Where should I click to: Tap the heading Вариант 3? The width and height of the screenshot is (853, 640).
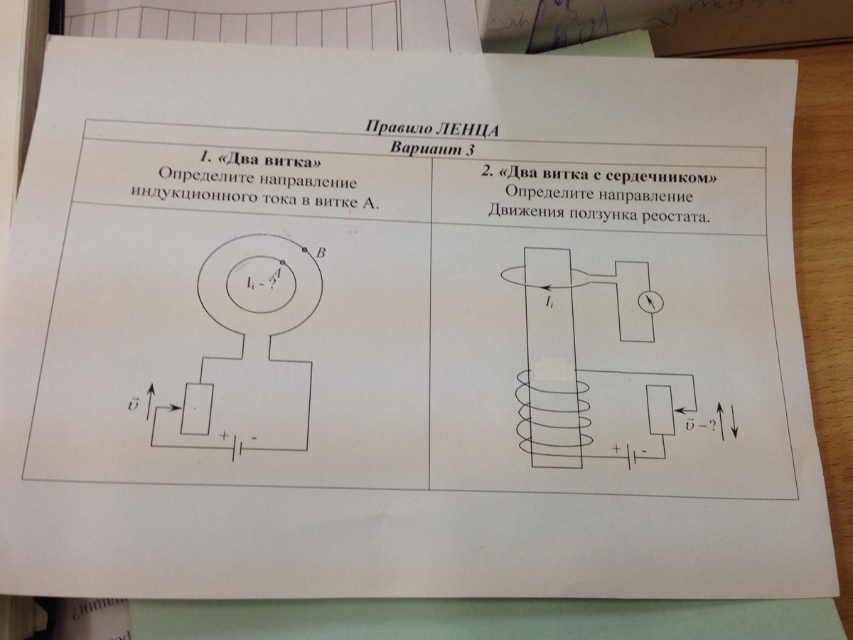432,149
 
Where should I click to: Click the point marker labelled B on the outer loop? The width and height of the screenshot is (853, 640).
305,250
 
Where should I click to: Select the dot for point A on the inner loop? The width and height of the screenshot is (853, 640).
282,262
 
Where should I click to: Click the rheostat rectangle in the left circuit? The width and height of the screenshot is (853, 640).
198,409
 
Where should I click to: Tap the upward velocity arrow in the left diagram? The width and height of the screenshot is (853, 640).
151,400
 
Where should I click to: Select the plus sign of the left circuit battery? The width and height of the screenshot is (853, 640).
224,436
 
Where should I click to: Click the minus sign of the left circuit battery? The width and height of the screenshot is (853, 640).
254,438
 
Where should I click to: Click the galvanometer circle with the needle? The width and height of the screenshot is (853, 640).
651,303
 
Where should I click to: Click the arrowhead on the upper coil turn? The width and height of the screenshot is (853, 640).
547,288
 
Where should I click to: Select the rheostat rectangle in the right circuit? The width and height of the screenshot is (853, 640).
660,410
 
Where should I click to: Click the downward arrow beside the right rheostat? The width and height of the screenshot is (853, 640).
734,421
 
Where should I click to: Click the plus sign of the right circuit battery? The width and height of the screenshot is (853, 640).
616,449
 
